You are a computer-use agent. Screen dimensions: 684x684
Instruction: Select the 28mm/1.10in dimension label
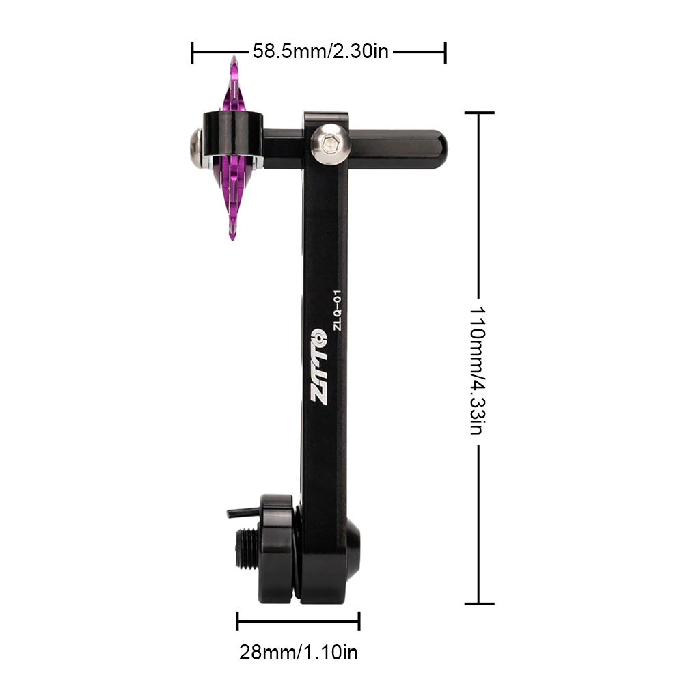pos(298,653)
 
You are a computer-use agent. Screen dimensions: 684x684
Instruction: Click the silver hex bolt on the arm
pos(327,144)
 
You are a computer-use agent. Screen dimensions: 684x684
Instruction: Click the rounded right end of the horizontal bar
pos(437,145)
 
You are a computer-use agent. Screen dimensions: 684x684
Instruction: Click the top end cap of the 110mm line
pos(478,113)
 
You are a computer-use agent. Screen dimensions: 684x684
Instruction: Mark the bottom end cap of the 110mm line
pos(478,603)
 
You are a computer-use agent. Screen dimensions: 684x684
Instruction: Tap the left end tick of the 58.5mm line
pos(193,52)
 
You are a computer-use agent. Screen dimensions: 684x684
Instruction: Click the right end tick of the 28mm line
pos(359,620)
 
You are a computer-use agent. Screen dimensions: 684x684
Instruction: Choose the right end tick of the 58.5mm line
pos(446,52)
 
